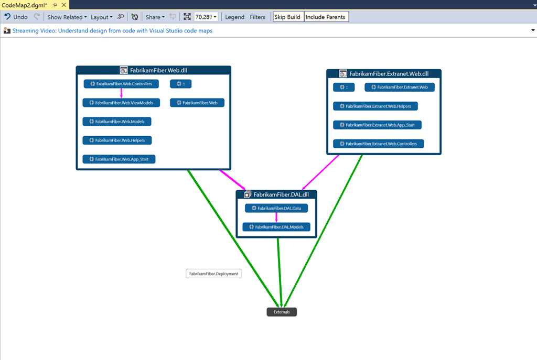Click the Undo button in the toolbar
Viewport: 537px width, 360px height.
[x=16, y=17]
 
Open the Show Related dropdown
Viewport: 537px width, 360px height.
[x=67, y=17]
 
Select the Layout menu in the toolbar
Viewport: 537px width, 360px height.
[x=101, y=17]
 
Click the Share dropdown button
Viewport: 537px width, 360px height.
[x=155, y=17]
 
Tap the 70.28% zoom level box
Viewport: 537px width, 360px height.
[x=206, y=17]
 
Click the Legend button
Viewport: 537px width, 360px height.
[x=234, y=17]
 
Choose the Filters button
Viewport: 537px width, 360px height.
[x=257, y=17]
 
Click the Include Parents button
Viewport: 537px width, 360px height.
[x=326, y=17]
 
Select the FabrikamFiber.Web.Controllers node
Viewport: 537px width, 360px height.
[x=121, y=84]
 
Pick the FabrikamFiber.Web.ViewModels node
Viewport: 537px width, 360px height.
[x=121, y=103]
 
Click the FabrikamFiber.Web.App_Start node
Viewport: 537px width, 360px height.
[x=119, y=159]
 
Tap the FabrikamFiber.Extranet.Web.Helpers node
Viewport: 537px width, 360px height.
[x=375, y=106]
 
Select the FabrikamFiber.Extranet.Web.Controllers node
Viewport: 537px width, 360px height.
[x=379, y=144]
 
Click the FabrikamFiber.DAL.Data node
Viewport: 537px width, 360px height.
[x=276, y=208]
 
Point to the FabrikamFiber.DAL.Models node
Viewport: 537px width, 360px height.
[x=276, y=227]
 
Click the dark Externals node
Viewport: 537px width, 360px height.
[x=282, y=312]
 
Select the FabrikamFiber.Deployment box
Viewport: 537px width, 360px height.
[x=213, y=274]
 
